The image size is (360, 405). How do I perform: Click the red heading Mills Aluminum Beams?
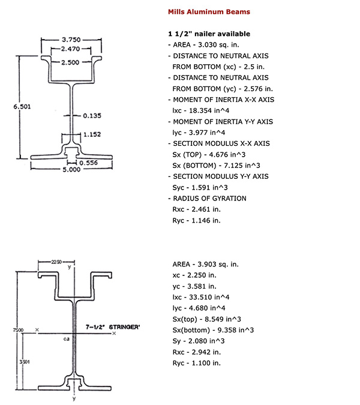[x=209, y=11]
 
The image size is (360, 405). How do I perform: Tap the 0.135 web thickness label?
[x=92, y=115]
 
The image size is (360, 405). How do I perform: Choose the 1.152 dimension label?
[x=92, y=134]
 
